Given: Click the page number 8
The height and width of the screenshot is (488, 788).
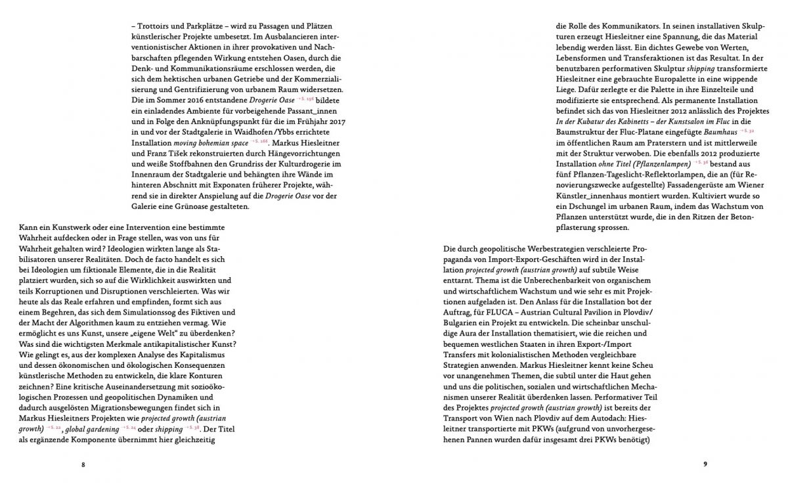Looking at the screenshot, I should [83, 464].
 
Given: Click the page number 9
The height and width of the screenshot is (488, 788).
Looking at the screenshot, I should [705, 464].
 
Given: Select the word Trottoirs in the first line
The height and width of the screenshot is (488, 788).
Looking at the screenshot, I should [158, 26].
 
